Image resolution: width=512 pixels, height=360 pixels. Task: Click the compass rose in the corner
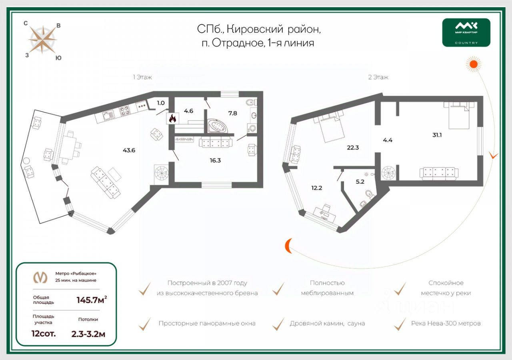tap(42, 40)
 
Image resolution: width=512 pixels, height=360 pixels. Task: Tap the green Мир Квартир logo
tap(466, 32)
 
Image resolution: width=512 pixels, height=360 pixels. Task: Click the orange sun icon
tap(474, 64)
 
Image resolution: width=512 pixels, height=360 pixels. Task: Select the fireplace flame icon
tap(173, 118)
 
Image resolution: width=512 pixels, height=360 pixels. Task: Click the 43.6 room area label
tap(129, 150)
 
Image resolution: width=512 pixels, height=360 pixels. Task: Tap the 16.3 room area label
tap(215, 160)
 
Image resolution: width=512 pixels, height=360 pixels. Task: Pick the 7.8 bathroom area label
tap(232, 113)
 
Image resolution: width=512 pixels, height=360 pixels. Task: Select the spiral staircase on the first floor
tap(162, 174)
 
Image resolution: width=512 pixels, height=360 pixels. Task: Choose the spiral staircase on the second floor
tap(388, 174)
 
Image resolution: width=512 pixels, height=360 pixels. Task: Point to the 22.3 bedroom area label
tap(352, 147)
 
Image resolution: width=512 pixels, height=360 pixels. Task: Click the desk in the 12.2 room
tap(325, 212)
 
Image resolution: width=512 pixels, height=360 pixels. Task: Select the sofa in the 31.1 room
tap(439, 173)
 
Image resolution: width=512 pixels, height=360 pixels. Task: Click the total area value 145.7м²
tap(92, 300)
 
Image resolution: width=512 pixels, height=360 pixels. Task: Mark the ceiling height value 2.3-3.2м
tap(88, 334)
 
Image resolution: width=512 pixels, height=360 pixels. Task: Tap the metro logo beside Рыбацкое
tap(40, 277)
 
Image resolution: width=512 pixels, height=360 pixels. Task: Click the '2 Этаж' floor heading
tap(378, 77)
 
